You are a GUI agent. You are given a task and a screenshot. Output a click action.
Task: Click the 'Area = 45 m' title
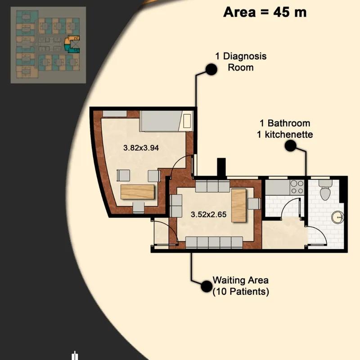point(265,12)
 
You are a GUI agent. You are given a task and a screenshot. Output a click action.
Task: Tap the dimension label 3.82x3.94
point(141,148)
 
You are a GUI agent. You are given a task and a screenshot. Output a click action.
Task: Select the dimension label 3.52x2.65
point(208,215)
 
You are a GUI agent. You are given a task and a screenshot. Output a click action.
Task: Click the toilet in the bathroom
point(325,190)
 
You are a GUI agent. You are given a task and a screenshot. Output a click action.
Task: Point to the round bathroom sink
point(338,217)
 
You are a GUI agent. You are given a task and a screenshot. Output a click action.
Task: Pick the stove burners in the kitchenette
point(297,187)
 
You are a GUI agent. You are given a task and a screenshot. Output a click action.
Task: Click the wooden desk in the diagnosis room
point(137,192)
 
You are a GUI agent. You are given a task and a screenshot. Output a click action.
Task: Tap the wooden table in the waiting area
point(238,205)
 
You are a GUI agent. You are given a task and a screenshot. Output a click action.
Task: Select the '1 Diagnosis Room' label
point(241,62)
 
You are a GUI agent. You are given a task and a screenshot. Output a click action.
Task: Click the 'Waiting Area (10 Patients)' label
point(241,286)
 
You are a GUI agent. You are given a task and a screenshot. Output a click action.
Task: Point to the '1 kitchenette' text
point(285,135)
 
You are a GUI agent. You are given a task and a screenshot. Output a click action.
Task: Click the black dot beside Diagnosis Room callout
point(211,69)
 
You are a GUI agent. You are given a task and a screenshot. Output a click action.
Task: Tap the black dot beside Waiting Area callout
point(207,286)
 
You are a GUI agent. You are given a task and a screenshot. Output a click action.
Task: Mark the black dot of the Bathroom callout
point(290,145)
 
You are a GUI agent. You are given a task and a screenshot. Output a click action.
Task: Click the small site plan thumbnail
point(48,45)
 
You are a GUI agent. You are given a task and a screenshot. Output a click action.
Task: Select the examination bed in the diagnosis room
point(166,121)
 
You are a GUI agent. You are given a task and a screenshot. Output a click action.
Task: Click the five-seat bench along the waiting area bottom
point(214,243)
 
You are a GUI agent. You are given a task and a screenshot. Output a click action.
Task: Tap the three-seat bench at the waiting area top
point(212,186)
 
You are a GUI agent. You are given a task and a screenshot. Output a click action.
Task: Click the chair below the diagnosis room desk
point(139,207)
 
